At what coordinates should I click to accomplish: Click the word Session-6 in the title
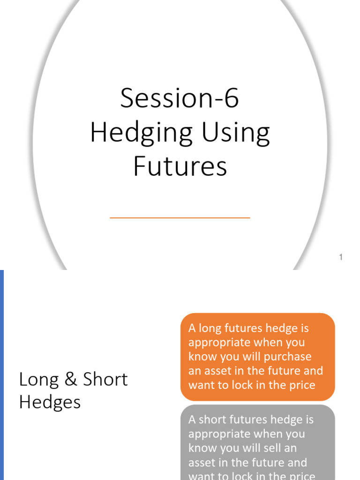(180, 98)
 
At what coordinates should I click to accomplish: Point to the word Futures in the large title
(180, 166)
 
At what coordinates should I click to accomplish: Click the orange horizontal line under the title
(180, 217)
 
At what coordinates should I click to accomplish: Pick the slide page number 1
(341, 257)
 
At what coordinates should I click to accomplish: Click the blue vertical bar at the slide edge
(2, 375)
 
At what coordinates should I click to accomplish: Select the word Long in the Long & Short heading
(38, 380)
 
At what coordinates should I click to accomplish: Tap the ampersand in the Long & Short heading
(70, 379)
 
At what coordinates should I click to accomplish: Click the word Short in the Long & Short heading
(105, 379)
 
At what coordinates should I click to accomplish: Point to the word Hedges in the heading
(50, 402)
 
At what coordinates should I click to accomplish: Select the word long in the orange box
(210, 329)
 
